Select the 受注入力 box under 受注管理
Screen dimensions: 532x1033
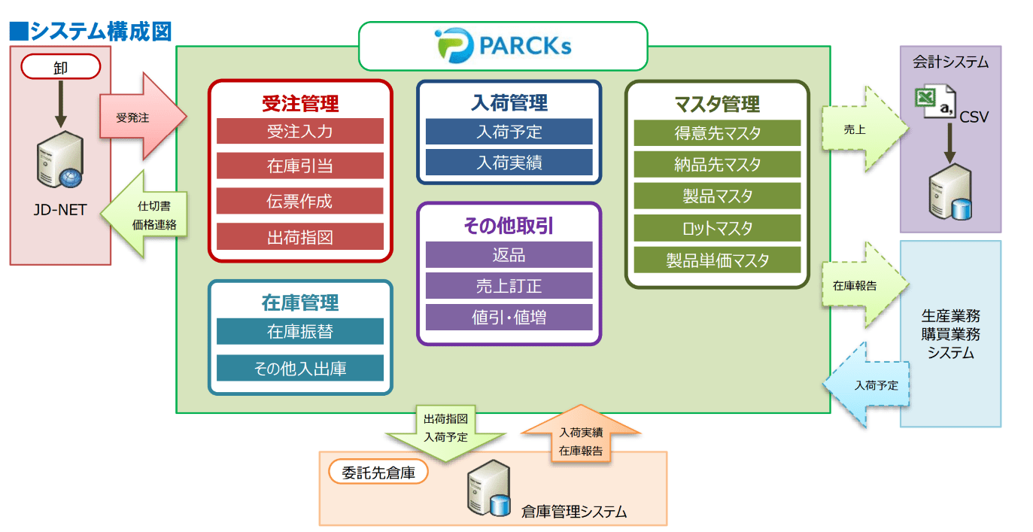tap(299, 132)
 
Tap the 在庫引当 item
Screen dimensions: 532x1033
tap(299, 166)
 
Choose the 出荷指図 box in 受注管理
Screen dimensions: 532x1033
tap(299, 237)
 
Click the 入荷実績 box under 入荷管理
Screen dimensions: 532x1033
tap(509, 163)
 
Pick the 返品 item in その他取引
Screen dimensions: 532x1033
tap(509, 255)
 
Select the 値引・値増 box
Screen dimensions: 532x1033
tap(509, 317)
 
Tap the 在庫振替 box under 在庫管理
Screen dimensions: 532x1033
tap(299, 332)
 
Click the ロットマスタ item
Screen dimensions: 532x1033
tap(717, 228)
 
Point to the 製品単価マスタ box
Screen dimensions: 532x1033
tap(717, 260)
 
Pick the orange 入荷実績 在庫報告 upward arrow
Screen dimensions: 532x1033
tap(580, 439)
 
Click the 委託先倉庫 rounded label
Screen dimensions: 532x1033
tap(378, 473)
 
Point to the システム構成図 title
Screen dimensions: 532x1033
tap(91, 31)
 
